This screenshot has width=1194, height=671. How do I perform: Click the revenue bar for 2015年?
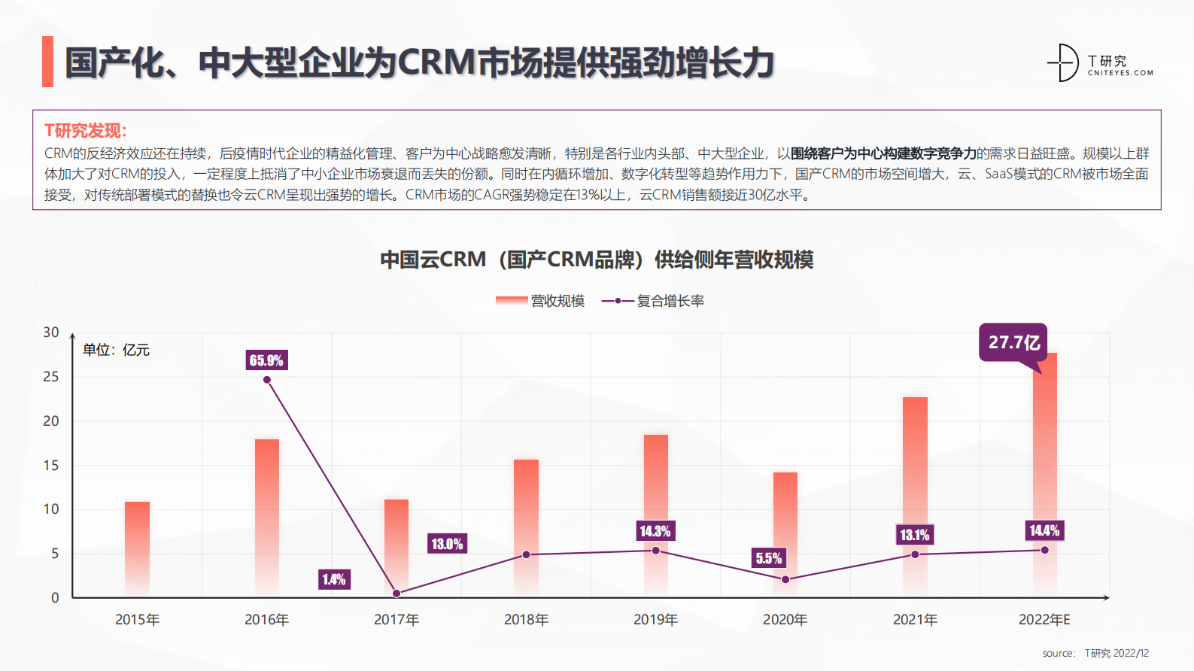(x=137, y=549)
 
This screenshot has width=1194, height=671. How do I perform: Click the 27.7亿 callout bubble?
(x=1013, y=343)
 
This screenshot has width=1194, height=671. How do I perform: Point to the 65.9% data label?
(x=266, y=360)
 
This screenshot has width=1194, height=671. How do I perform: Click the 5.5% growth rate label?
(x=769, y=558)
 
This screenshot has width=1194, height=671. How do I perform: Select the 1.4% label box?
(x=334, y=579)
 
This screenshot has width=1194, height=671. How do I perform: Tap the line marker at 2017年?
(x=396, y=594)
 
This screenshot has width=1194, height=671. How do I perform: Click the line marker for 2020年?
(x=785, y=579)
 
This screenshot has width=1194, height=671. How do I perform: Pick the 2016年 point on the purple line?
(x=267, y=380)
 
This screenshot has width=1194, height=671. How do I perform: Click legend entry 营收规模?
(x=541, y=301)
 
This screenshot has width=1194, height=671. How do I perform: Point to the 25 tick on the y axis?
(x=51, y=377)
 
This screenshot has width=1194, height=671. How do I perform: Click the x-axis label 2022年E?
(x=1044, y=620)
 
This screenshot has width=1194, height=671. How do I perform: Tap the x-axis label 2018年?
(x=526, y=620)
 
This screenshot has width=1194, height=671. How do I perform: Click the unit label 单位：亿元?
(x=116, y=350)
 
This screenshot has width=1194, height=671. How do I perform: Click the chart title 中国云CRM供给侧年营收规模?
(x=597, y=260)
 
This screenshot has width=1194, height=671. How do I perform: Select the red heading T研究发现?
(x=86, y=131)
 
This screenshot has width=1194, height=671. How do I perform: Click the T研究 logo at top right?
(x=1100, y=63)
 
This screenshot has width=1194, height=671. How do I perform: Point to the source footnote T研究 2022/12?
(x=1095, y=653)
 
